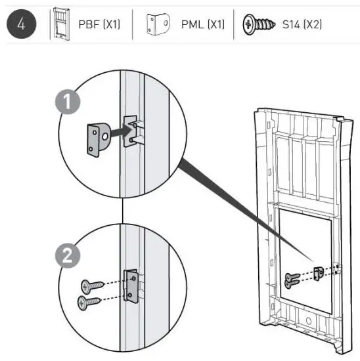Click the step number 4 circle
(x=19, y=24)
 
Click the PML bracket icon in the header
(x=154, y=25)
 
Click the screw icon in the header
(x=258, y=25)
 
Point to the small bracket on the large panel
(x=318, y=271)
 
